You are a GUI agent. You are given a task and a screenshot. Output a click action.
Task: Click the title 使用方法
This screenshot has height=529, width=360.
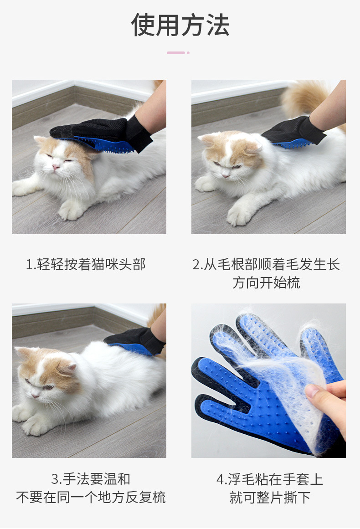180,25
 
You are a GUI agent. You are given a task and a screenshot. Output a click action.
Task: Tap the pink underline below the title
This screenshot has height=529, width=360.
178,53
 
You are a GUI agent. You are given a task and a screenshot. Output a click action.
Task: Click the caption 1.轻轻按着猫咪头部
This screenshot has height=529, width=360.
86,264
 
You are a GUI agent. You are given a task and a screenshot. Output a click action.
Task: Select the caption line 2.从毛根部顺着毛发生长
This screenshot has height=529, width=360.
266,264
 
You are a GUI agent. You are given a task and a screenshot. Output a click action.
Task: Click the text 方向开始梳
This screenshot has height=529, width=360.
266,282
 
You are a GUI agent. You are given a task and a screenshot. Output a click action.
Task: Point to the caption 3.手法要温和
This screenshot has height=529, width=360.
90,479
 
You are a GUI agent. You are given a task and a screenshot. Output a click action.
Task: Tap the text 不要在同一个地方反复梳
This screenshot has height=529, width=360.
91,497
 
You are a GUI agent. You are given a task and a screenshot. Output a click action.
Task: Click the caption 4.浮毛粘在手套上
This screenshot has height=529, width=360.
270,479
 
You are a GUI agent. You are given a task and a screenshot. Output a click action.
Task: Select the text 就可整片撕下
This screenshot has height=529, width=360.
270,497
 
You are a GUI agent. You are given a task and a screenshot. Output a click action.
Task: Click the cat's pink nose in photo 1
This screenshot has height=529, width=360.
56,167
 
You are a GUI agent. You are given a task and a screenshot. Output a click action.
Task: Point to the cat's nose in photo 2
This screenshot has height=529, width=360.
226,175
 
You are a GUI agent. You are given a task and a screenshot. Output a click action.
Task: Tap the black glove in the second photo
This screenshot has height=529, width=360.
293,133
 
